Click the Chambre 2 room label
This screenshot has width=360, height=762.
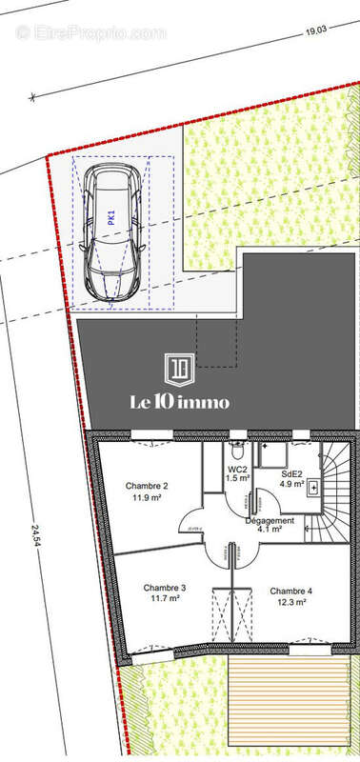pyautogui.click(x=147, y=485)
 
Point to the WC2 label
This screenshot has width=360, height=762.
pyautogui.click(x=237, y=470)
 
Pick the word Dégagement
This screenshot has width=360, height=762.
pyautogui.click(x=270, y=521)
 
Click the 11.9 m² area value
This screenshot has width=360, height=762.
pyautogui.click(x=147, y=497)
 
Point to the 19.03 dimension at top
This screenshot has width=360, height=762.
pyautogui.click(x=314, y=31)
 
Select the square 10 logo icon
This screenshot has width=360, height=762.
pyautogui.click(x=179, y=368)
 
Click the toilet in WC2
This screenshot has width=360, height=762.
pyautogui.click(x=237, y=448)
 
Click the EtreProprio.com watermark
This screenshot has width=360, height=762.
pyautogui.click(x=91, y=32)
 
